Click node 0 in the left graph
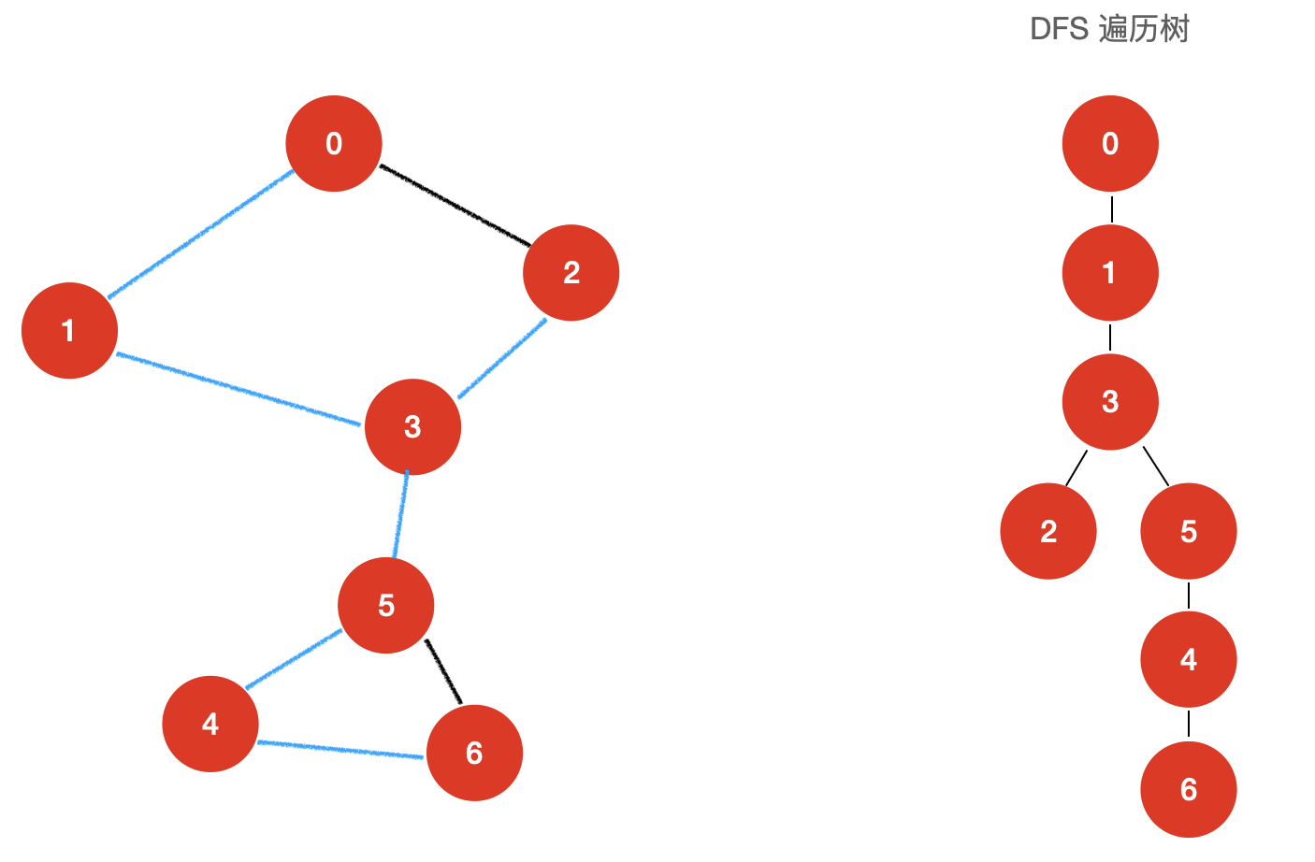[334, 144]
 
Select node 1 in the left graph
[69, 330]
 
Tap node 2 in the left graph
[571, 273]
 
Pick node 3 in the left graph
[412, 426]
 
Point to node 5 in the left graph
[385, 605]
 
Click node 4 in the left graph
[210, 724]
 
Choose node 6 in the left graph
[474, 753]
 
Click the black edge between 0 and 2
[455, 206]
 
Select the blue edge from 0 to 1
[201, 234]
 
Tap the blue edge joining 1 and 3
[238, 388]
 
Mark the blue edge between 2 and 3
[502, 358]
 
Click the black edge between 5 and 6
[444, 671]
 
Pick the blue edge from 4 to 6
[340, 750]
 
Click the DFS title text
[1109, 29]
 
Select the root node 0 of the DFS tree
[1110, 144]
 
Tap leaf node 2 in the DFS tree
[1048, 531]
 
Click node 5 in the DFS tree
[1189, 531]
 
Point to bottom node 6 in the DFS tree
[1189, 789]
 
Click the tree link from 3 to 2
[1077, 468]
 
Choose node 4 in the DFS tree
[1189, 659]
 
